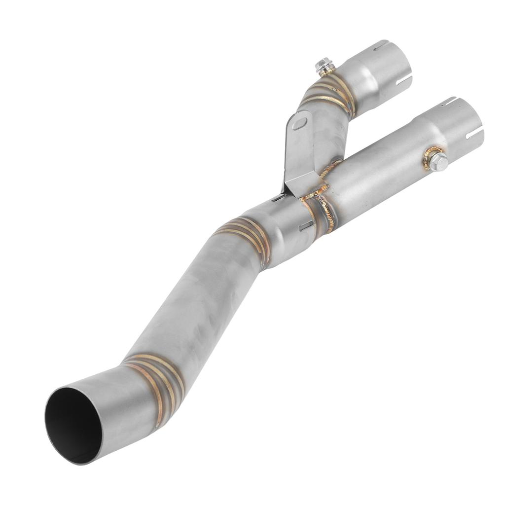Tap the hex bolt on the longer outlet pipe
(x=438, y=161)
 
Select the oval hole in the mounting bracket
(x=299, y=122)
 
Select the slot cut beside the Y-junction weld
(x=306, y=226)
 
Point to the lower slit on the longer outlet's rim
(x=474, y=133)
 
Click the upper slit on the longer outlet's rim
(x=447, y=102)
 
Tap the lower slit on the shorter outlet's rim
(x=404, y=79)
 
